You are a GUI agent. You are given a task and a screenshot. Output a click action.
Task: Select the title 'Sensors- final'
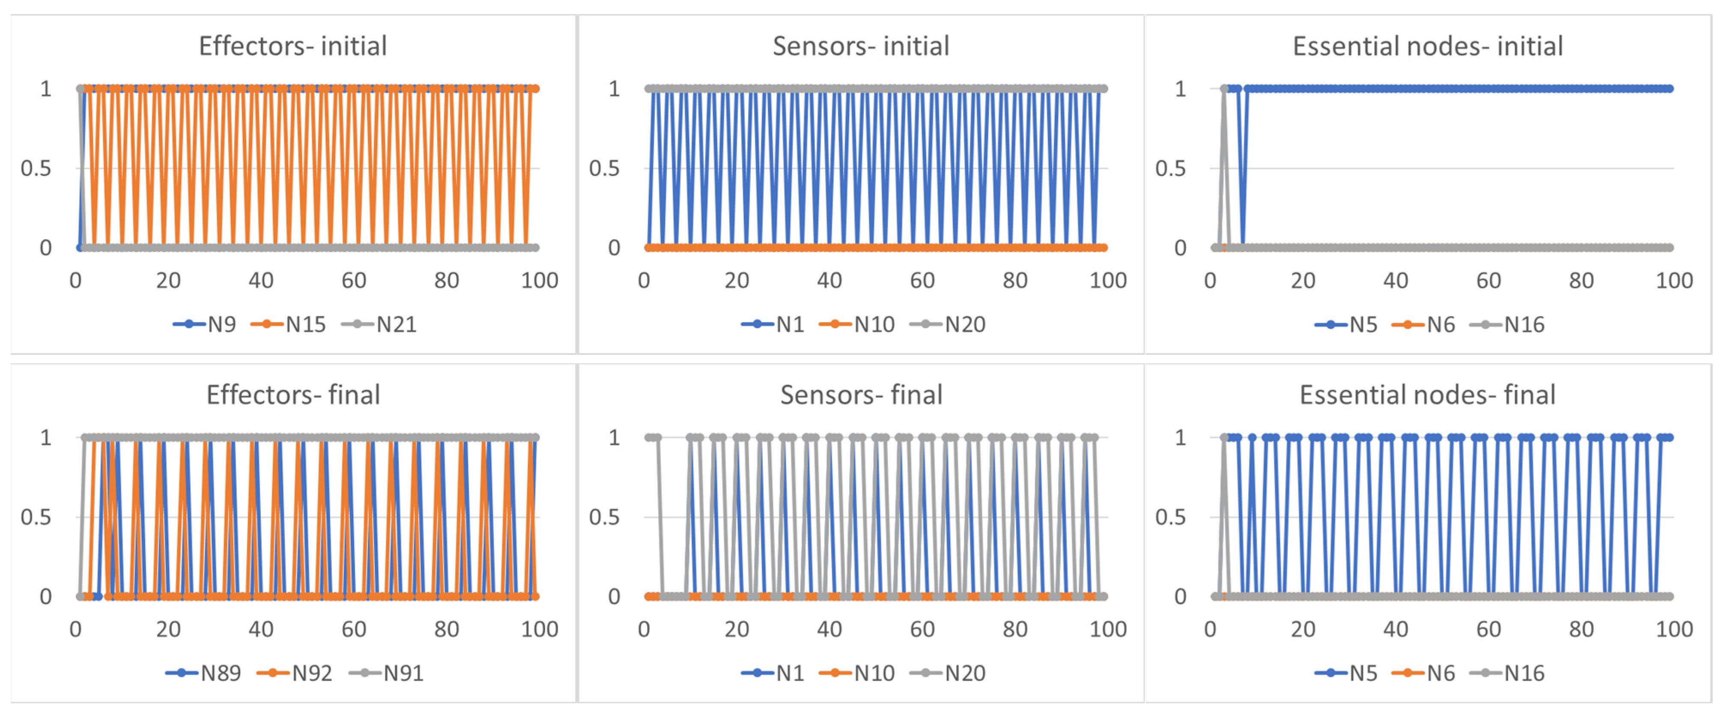[861, 395]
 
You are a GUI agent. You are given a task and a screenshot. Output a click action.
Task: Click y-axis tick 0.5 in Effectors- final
[36, 517]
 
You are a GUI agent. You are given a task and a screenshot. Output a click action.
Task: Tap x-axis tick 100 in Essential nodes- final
[1674, 629]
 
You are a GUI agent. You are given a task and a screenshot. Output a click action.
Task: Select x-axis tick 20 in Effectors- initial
[168, 280]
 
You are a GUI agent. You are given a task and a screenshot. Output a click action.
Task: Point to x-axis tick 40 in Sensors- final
[829, 629]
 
